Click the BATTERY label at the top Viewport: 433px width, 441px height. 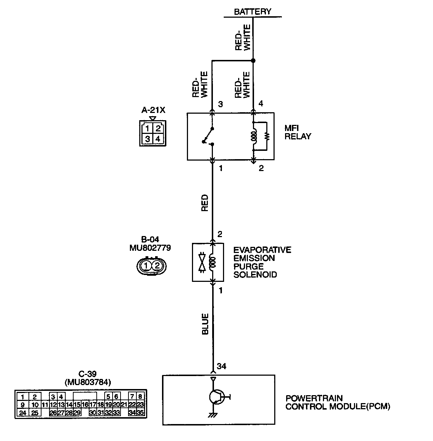252,12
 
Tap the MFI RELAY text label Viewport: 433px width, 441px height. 297,132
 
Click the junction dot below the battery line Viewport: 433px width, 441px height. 253,60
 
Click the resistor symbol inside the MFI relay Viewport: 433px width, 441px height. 267,136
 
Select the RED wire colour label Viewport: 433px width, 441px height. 205,203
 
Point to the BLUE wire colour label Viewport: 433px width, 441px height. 205,324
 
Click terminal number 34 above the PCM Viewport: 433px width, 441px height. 221,367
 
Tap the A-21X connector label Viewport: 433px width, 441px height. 153,110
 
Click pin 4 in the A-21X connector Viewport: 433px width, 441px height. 158,138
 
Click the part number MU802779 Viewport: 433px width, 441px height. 150,248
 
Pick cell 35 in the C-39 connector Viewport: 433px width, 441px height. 141,413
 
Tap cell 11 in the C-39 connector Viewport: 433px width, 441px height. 45,405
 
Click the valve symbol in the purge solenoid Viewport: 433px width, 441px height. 203,262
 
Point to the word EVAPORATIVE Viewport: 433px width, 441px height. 262,250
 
